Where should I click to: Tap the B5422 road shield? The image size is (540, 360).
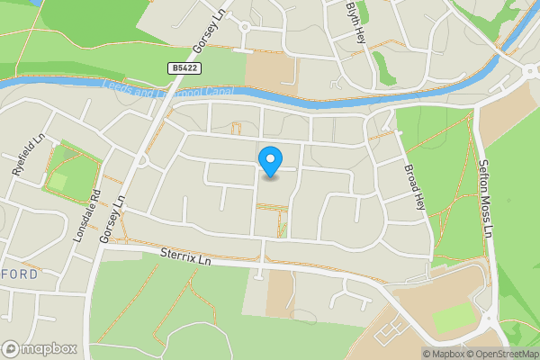click(x=184, y=67)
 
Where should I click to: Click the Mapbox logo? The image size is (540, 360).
click(x=39, y=348)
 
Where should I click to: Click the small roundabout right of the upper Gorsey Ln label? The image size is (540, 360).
click(x=244, y=27)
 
